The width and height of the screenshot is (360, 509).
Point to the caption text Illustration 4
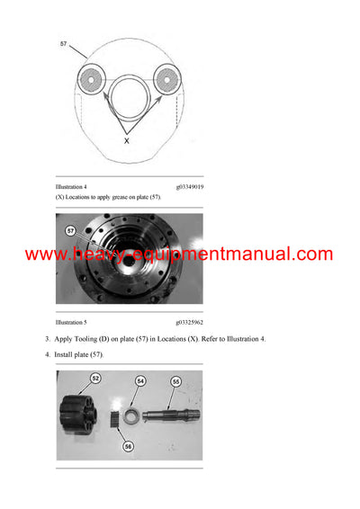point(71,187)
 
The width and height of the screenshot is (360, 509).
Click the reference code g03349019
point(189,187)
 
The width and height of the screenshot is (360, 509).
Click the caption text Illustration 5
point(71,321)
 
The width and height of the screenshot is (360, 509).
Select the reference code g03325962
point(189,321)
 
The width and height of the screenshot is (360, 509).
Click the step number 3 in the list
point(48,339)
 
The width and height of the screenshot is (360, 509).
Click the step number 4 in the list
point(48,355)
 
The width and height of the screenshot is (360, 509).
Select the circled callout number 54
point(140,382)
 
